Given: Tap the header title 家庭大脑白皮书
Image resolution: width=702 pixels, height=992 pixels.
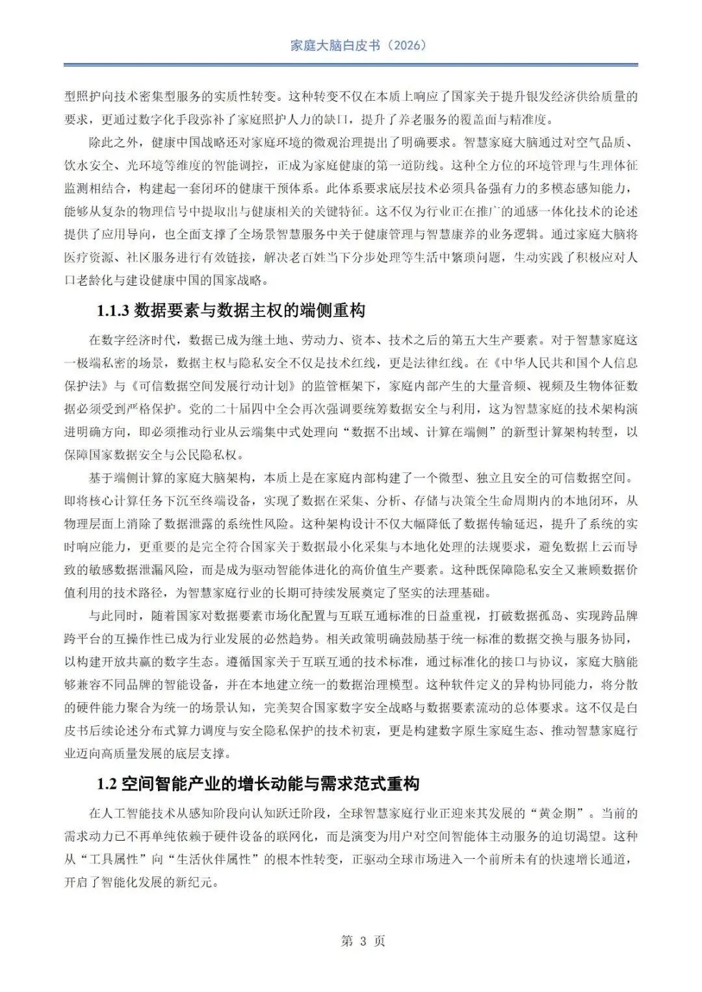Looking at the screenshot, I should pyautogui.click(x=335, y=45).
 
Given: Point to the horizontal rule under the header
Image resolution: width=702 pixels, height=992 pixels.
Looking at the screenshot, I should pyautogui.click(x=351, y=65).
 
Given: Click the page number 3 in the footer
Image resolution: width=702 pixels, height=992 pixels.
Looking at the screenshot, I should pyautogui.click(x=363, y=941).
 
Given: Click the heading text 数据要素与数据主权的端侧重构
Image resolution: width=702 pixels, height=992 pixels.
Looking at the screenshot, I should pyautogui.click(x=250, y=311).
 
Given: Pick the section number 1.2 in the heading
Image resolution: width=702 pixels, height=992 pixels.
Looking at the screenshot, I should pyautogui.click(x=107, y=784).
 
